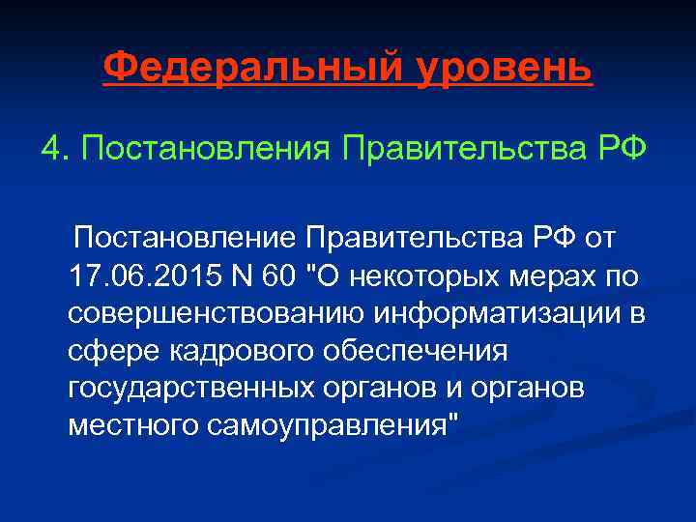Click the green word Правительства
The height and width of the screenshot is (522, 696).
(x=450, y=150)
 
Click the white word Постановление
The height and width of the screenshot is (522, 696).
(x=185, y=237)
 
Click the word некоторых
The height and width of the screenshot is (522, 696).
(x=413, y=275)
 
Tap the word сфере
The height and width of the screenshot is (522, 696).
(x=103, y=350)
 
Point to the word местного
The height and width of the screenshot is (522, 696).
(x=132, y=425)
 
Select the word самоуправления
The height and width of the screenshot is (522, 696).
(x=332, y=425)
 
